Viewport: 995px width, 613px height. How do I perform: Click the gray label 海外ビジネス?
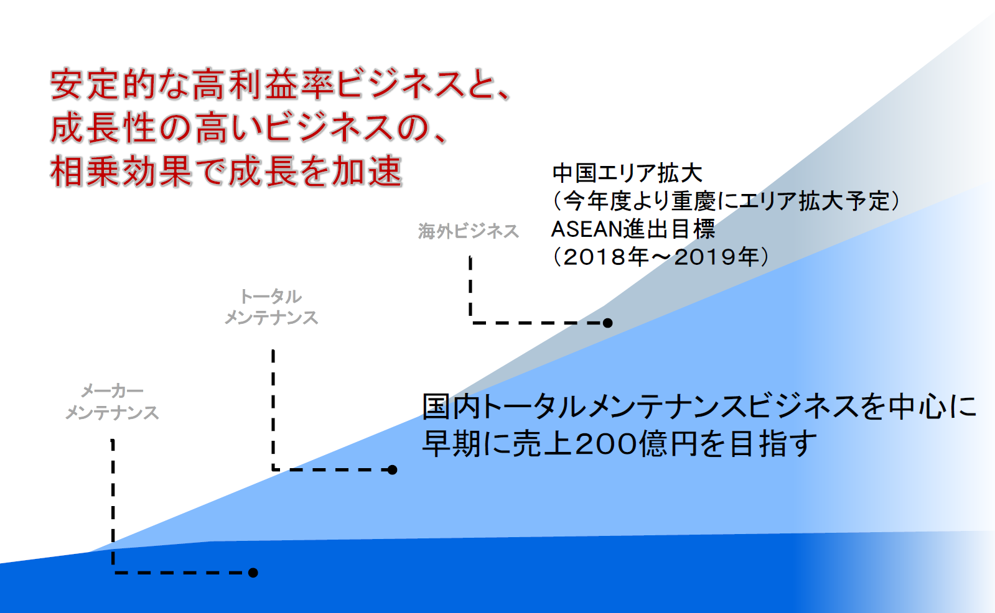(468, 231)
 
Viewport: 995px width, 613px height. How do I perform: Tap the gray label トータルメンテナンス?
(271, 307)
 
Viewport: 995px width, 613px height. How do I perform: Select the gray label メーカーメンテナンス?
(112, 402)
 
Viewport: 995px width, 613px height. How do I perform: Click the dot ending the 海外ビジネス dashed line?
(607, 323)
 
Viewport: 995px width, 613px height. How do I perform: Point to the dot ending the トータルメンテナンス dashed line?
(392, 469)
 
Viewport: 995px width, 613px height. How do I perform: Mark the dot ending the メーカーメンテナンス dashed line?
(253, 573)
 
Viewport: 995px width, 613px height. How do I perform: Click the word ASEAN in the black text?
(586, 229)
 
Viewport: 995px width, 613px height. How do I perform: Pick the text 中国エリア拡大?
(627, 173)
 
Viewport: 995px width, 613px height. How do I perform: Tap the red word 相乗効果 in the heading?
(121, 172)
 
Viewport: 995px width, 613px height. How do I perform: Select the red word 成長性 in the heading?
(103, 129)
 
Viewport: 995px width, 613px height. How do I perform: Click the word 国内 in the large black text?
(452, 407)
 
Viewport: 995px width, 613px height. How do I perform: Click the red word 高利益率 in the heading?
(264, 85)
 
